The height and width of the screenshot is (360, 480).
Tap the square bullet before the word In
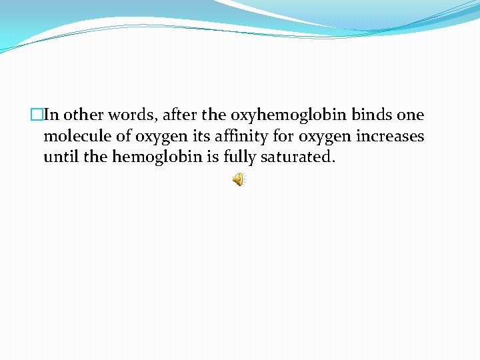(37, 115)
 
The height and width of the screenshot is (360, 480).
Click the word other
(83, 115)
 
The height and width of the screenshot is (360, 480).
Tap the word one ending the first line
(410, 115)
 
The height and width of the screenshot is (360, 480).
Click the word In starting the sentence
(51, 115)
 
